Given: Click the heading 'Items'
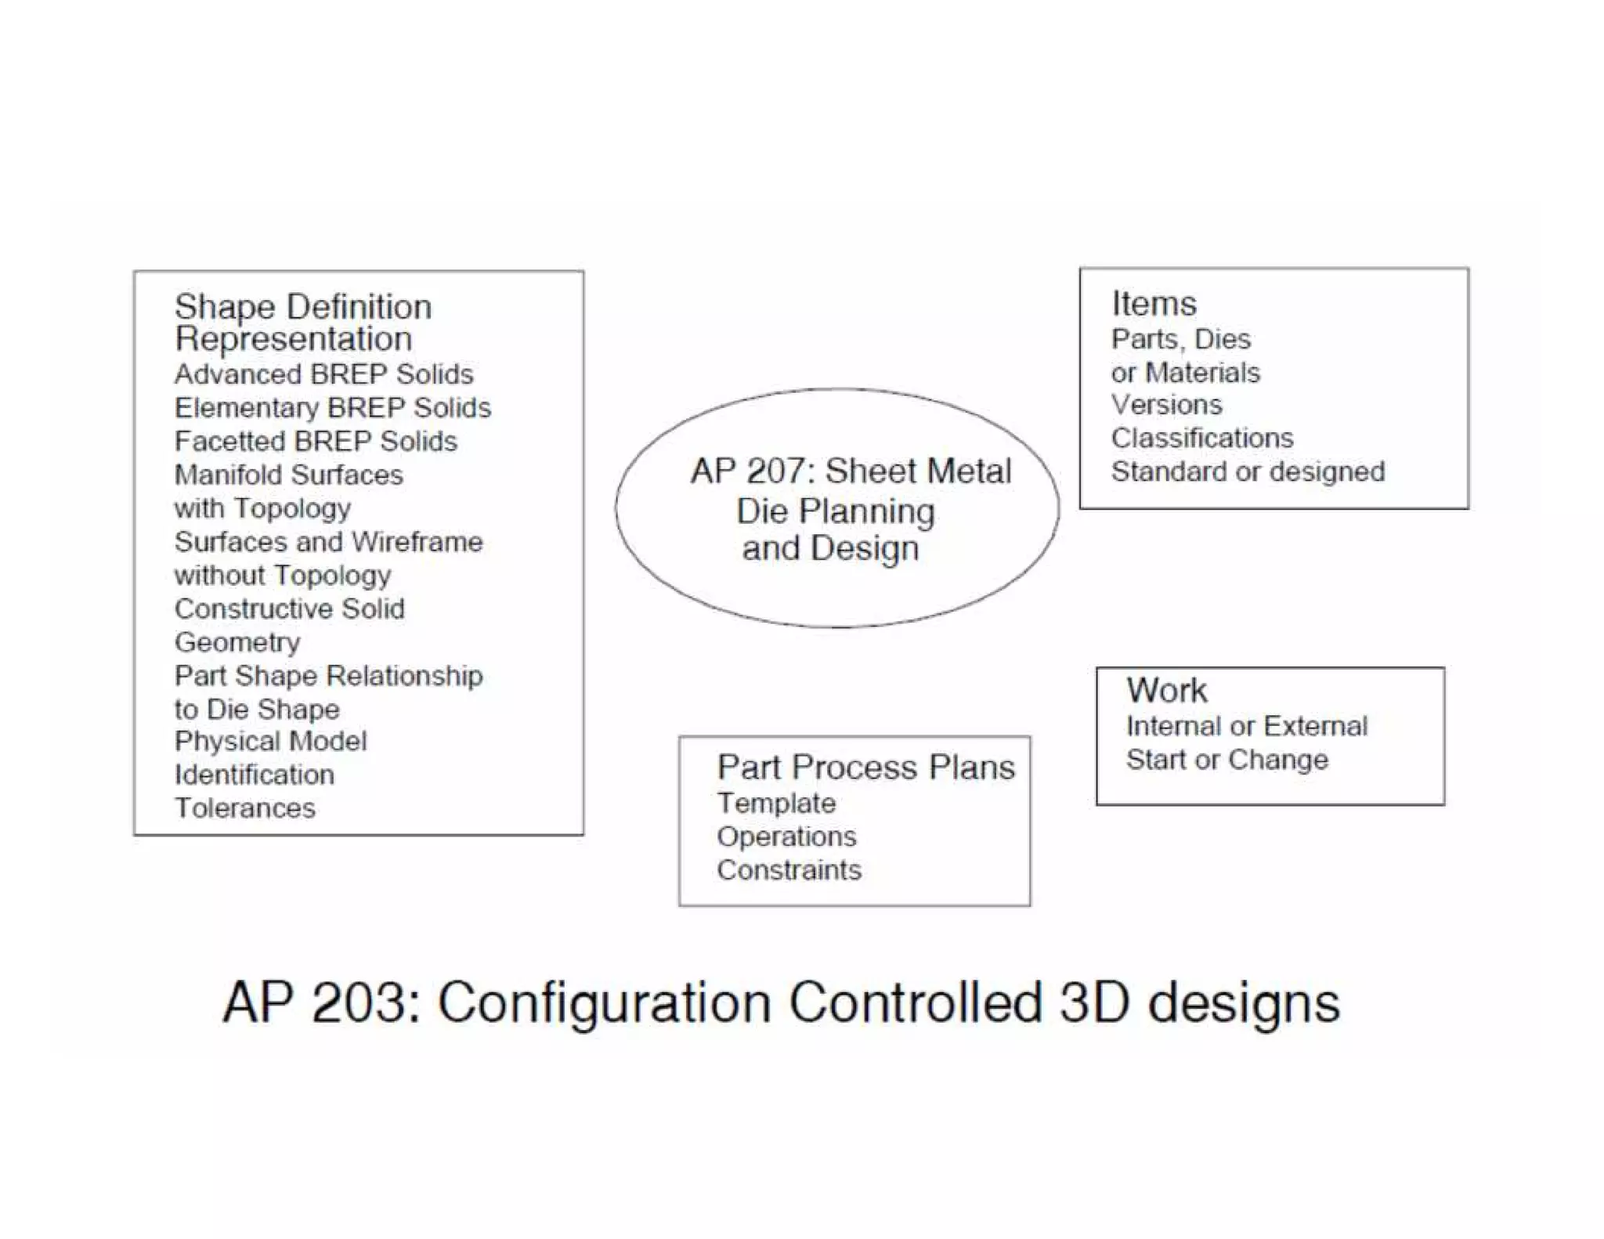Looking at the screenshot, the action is pyautogui.click(x=1154, y=304).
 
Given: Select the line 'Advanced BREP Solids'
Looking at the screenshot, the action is pyautogui.click(x=323, y=374).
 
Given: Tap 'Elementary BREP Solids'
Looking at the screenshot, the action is pyautogui.click(x=332, y=408).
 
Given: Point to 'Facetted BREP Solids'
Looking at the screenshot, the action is pyautogui.click(x=316, y=442).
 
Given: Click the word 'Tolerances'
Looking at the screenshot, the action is pyautogui.click(x=244, y=808).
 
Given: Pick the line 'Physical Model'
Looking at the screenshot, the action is pyautogui.click(x=270, y=741).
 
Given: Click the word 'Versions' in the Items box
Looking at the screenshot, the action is pyautogui.click(x=1166, y=405).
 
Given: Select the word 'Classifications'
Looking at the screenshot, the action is pyautogui.click(x=1201, y=438).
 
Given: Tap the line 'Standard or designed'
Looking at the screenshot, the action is pyautogui.click(x=1248, y=471).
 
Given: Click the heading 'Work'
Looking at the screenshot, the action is pyautogui.click(x=1166, y=690).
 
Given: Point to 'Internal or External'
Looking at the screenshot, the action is pyautogui.click(x=1247, y=726).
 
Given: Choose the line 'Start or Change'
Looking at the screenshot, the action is pyautogui.click(x=1227, y=760).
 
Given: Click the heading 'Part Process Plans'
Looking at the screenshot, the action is pyautogui.click(x=865, y=768).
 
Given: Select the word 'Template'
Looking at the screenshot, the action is pyautogui.click(x=776, y=803).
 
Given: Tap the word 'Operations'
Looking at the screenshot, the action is pyautogui.click(x=786, y=836).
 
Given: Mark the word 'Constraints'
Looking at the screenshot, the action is pyautogui.click(x=789, y=870).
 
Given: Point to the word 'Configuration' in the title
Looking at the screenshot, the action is pyautogui.click(x=604, y=1004).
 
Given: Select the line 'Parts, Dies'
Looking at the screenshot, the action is pyautogui.click(x=1180, y=339).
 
